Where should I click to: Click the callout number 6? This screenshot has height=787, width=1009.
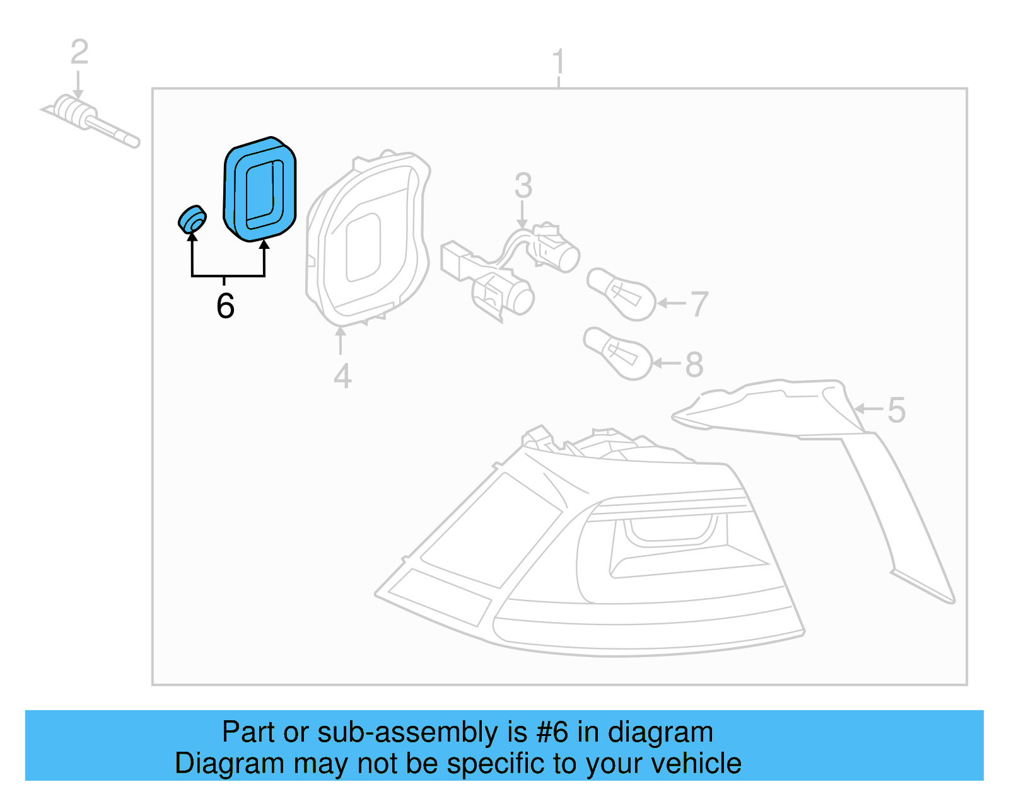(x=225, y=306)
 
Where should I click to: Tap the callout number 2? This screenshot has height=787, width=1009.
(x=79, y=52)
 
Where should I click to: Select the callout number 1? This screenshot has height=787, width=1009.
(x=558, y=62)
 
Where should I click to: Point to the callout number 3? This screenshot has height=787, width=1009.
(x=523, y=186)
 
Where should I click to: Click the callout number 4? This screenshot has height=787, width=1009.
(x=342, y=376)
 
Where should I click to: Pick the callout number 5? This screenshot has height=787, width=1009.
(x=896, y=410)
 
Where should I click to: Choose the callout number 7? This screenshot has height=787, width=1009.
(x=699, y=304)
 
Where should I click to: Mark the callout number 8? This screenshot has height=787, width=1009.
(x=694, y=365)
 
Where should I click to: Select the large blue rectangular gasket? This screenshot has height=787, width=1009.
(x=260, y=190)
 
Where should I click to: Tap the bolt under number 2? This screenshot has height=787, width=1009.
(x=91, y=120)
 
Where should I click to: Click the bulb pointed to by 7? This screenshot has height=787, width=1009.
(x=622, y=294)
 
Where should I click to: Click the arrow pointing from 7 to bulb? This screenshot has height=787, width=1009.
(x=671, y=303)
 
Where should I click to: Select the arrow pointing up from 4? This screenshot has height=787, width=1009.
(x=341, y=341)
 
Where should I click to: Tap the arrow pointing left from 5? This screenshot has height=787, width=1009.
(x=868, y=409)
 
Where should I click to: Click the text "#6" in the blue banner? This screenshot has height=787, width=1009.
(x=552, y=732)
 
